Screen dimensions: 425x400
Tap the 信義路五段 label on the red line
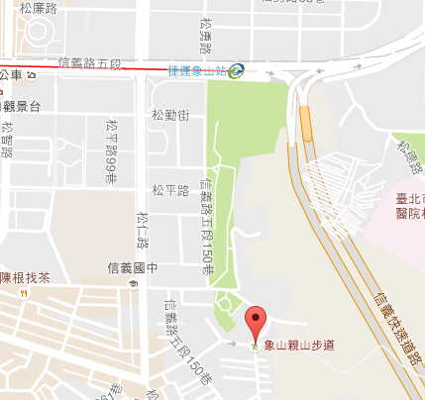[89, 64]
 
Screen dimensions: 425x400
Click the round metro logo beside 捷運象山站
[236, 70]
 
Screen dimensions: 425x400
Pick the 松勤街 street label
[170, 116]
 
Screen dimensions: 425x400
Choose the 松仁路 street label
[143, 231]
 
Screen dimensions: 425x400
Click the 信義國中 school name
[133, 267]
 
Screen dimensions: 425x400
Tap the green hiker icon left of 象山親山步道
[256, 346]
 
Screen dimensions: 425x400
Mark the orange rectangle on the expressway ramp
[305, 123]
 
